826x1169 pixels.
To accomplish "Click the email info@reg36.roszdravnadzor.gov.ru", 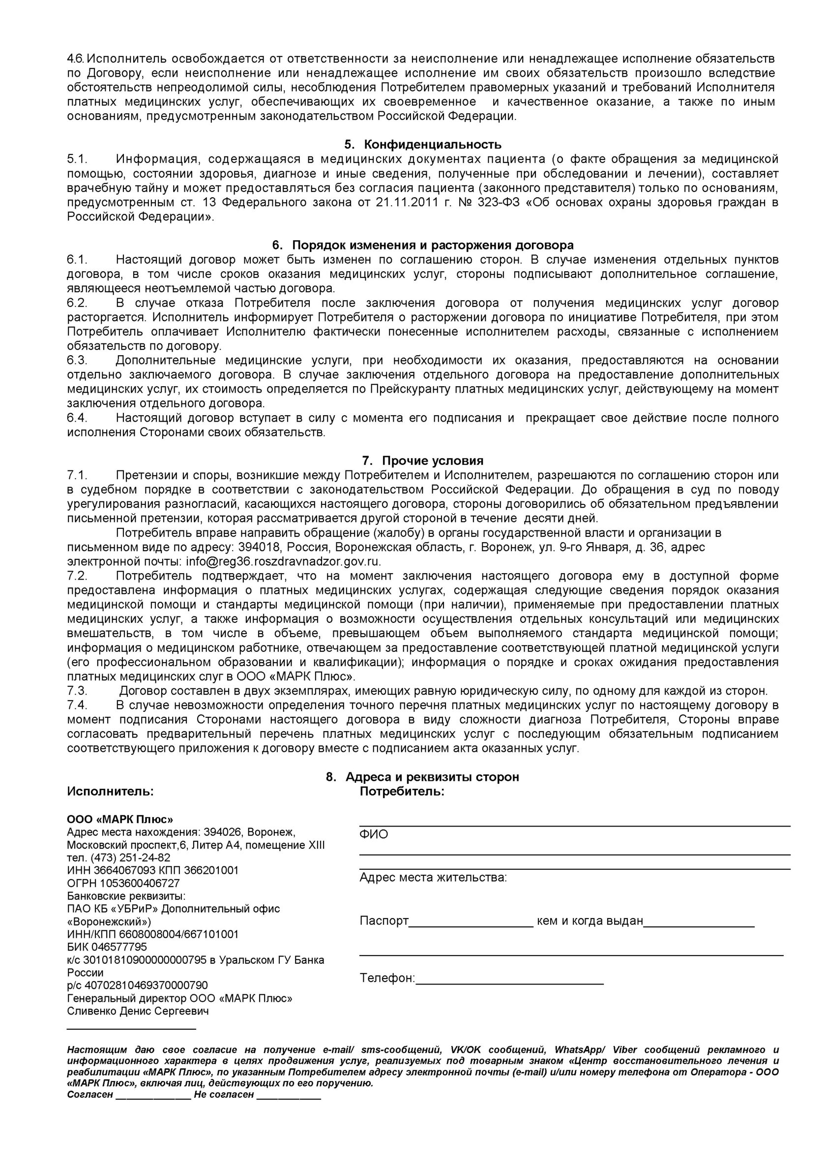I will pos(283,562).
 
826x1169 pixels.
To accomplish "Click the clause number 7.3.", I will pos(77,691).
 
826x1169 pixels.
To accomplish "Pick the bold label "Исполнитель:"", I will pos(111,792).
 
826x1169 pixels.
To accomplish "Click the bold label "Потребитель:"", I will pos(402,792).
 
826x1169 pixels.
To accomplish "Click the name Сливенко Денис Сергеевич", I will pos(138,1011).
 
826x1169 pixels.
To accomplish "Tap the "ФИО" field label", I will pos(374,834).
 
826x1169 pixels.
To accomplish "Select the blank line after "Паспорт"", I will pos(471,922).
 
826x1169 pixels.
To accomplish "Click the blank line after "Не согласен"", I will pos(289,1096).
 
